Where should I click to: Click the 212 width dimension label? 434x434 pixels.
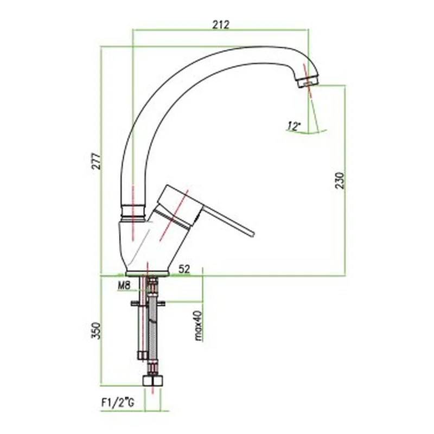tap(221, 24)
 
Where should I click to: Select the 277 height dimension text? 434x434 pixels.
tap(97, 161)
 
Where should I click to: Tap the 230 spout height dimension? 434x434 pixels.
tap(340, 181)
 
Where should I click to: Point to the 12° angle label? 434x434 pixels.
tap(293, 126)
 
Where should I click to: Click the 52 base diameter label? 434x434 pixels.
tap(184, 269)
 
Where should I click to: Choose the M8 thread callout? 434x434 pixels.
tap(124, 286)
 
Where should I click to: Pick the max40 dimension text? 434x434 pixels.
tap(198, 325)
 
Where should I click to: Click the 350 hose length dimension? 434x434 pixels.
tap(97, 330)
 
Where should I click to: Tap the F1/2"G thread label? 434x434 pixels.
tap(118, 403)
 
